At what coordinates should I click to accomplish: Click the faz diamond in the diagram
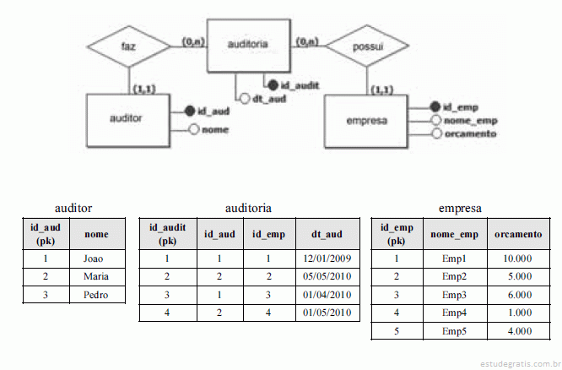[x=129, y=47]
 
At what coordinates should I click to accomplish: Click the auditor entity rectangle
[x=126, y=119]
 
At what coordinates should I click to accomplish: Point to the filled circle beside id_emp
[x=435, y=107]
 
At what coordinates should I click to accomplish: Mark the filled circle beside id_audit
[x=272, y=84]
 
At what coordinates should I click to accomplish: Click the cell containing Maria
[x=97, y=276]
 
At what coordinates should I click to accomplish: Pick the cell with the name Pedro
[x=97, y=295]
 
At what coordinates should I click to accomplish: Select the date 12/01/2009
[x=325, y=258]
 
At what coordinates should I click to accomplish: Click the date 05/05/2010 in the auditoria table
[x=325, y=276]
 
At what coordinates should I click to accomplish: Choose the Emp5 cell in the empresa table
[x=454, y=330]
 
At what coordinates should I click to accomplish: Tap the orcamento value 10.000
[x=517, y=258]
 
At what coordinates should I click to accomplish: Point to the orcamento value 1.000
[x=517, y=313]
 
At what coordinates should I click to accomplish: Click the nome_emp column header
[x=454, y=233]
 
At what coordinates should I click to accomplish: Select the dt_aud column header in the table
[x=325, y=233]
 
